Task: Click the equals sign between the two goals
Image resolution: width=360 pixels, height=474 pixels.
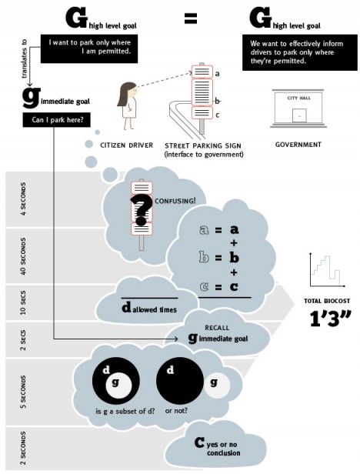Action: (x=191, y=18)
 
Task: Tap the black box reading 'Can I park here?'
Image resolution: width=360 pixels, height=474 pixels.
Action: (x=56, y=120)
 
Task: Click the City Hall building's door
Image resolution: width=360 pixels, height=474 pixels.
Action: (x=299, y=115)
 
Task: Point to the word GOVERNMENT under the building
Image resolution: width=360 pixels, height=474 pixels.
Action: (x=298, y=145)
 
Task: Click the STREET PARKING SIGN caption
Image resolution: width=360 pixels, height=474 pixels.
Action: (x=203, y=145)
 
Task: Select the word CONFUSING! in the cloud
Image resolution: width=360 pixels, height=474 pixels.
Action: (x=175, y=201)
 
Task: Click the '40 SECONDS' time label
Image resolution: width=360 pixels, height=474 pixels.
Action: (x=23, y=256)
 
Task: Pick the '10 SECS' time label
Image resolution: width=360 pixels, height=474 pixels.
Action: (x=23, y=302)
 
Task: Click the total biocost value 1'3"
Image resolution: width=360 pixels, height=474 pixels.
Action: (x=330, y=319)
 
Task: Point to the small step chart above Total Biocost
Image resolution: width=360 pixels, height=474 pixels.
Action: (x=327, y=270)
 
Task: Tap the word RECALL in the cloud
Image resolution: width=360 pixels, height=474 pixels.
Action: (x=217, y=328)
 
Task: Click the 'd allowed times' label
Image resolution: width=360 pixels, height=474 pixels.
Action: (x=149, y=309)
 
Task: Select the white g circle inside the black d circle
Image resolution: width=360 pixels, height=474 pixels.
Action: (x=118, y=387)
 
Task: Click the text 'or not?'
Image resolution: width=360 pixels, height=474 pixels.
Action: (x=176, y=411)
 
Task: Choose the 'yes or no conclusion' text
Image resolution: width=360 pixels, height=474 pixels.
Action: (x=224, y=449)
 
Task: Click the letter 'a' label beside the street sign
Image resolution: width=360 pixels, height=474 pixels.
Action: (x=217, y=73)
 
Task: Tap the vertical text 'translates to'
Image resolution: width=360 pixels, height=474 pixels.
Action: (x=24, y=59)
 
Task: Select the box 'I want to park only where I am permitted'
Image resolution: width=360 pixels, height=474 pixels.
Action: (x=89, y=48)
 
